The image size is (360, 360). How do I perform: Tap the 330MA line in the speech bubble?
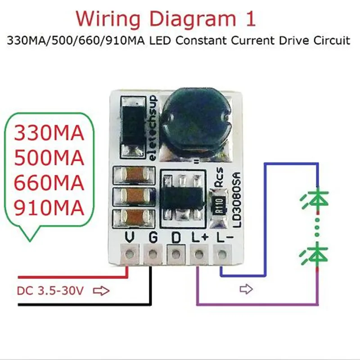tap(49, 134)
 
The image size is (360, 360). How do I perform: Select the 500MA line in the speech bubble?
tap(49, 158)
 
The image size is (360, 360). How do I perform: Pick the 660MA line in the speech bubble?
tap(49, 183)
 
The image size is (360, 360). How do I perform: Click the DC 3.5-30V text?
tap(50, 291)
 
